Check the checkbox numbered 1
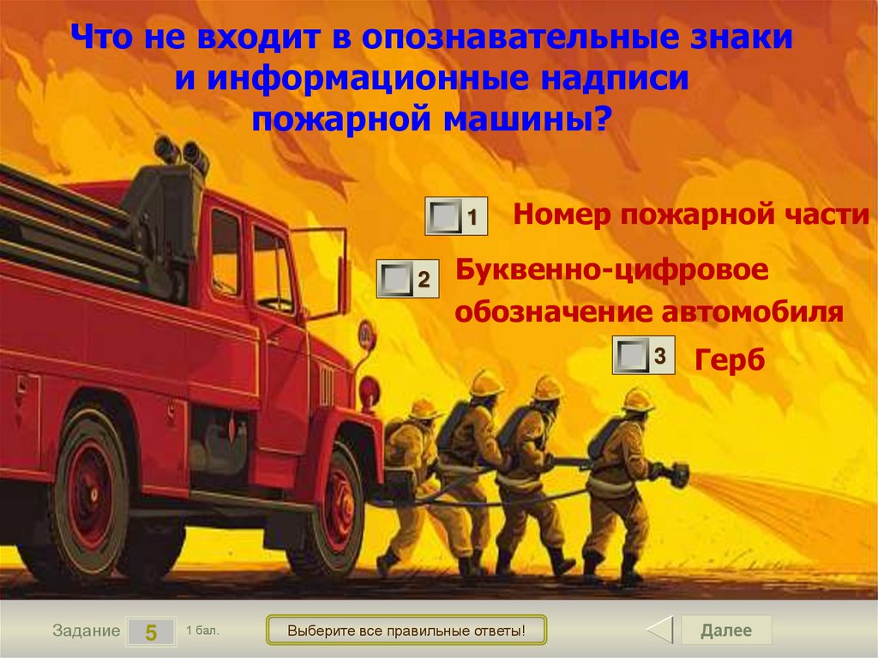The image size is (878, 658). point(446,216)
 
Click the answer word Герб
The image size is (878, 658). point(729,359)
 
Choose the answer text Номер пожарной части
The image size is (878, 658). point(691,214)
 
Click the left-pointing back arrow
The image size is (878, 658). point(659,631)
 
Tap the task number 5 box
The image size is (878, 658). point(151,632)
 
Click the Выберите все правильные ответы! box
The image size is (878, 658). point(406,631)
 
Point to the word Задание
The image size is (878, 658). point(86,631)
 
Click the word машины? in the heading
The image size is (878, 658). point(527,118)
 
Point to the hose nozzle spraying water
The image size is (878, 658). point(678,472)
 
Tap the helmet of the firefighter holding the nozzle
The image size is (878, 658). point(638,399)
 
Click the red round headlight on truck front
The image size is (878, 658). point(369,391)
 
